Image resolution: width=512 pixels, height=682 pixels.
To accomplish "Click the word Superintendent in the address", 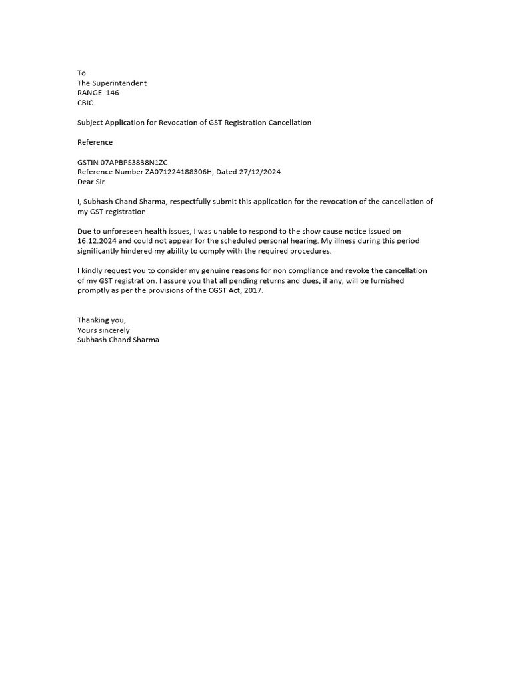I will tap(120, 83).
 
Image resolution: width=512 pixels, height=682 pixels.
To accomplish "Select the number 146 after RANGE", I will tap(112, 93).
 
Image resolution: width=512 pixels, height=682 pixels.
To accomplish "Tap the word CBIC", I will tap(85, 103).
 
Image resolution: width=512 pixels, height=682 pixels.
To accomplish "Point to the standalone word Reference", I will tap(95, 142).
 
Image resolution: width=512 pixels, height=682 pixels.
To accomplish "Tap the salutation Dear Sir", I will tap(91, 182).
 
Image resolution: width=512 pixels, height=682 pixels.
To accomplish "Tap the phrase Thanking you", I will tap(101, 320).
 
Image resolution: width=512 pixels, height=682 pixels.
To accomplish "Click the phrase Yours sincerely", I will tap(103, 330).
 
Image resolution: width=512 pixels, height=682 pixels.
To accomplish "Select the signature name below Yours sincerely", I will tap(118, 340).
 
